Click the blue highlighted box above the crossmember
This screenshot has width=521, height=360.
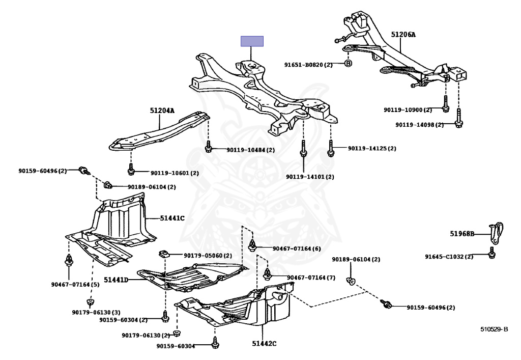252,41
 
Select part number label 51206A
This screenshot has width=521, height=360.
403,35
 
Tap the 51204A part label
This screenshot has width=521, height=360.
162,110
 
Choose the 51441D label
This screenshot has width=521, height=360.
116,280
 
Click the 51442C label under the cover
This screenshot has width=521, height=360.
264,344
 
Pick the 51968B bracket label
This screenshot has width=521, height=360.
462,234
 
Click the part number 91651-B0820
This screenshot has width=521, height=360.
308,65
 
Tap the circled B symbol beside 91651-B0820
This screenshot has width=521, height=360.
348,64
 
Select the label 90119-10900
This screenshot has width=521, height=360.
408,109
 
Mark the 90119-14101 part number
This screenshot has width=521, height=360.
310,177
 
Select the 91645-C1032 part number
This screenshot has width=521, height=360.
449,257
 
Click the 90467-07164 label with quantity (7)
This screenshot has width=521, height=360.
311,278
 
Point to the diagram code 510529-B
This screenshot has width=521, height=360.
495,329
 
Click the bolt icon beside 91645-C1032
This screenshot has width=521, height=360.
491,254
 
